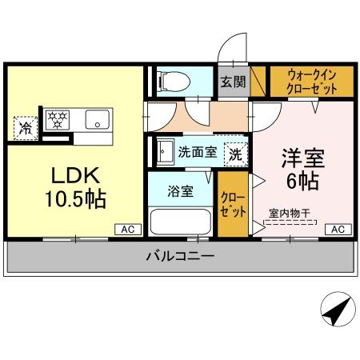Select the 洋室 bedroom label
pos(301,157)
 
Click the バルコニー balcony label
pos(179,257)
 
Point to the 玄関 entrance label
pos(233,81)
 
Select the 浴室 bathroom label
pos(180,191)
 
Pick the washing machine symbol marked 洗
pos(235,152)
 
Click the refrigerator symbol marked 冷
pos(26,126)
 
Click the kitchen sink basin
pos(99,121)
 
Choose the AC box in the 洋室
pos(338,230)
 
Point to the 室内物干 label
pos(290,213)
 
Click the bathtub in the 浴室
pos(180,221)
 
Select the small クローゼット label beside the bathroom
pos(232,205)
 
